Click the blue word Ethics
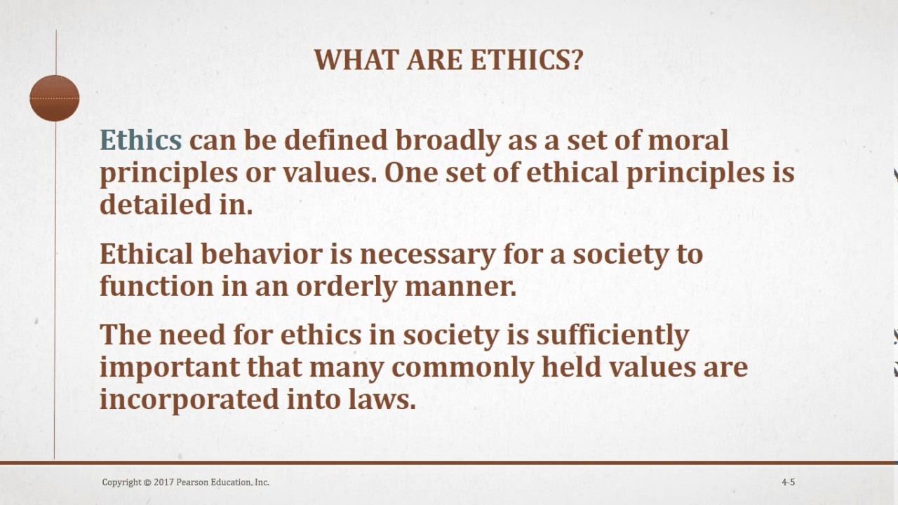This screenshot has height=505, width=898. [141, 140]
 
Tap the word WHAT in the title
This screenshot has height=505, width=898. [356, 60]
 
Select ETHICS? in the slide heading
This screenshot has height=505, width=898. [526, 60]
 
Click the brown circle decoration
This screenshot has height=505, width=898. [55, 98]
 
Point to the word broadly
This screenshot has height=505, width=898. [448, 142]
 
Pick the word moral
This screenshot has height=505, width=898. [688, 140]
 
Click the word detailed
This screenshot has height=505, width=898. [156, 204]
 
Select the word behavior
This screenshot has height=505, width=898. [262, 254]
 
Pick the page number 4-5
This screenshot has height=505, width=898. [788, 482]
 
